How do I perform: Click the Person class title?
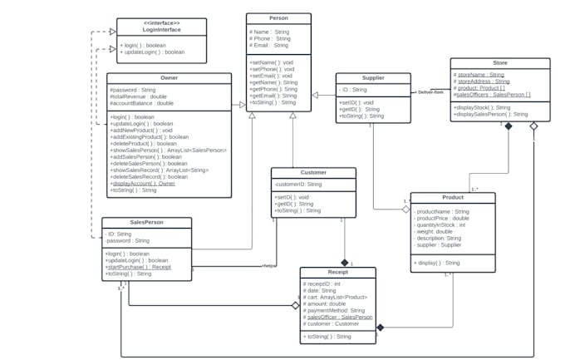pyautogui.click(x=278, y=18)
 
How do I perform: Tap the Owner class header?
pyautogui.click(x=169, y=77)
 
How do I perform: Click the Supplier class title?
pyautogui.click(x=372, y=77)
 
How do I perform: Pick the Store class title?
pyautogui.click(x=499, y=62)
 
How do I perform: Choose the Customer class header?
pyautogui.click(x=313, y=172)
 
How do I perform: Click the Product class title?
pyautogui.click(x=453, y=198)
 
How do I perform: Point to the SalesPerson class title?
pyautogui.click(x=146, y=223)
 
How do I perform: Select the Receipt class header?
pyautogui.click(x=337, y=272)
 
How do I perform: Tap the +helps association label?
pyautogui.click(x=268, y=266)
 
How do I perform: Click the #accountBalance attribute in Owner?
pyautogui.click(x=142, y=103)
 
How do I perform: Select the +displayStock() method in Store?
pyautogui.click(x=483, y=107)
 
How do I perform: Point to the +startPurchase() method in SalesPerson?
pyautogui.click(x=138, y=267)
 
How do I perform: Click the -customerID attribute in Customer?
pyautogui.click(x=298, y=184)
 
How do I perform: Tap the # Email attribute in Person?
pyautogui.click(x=270, y=45)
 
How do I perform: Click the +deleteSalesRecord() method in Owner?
pyautogui.click(x=149, y=176)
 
